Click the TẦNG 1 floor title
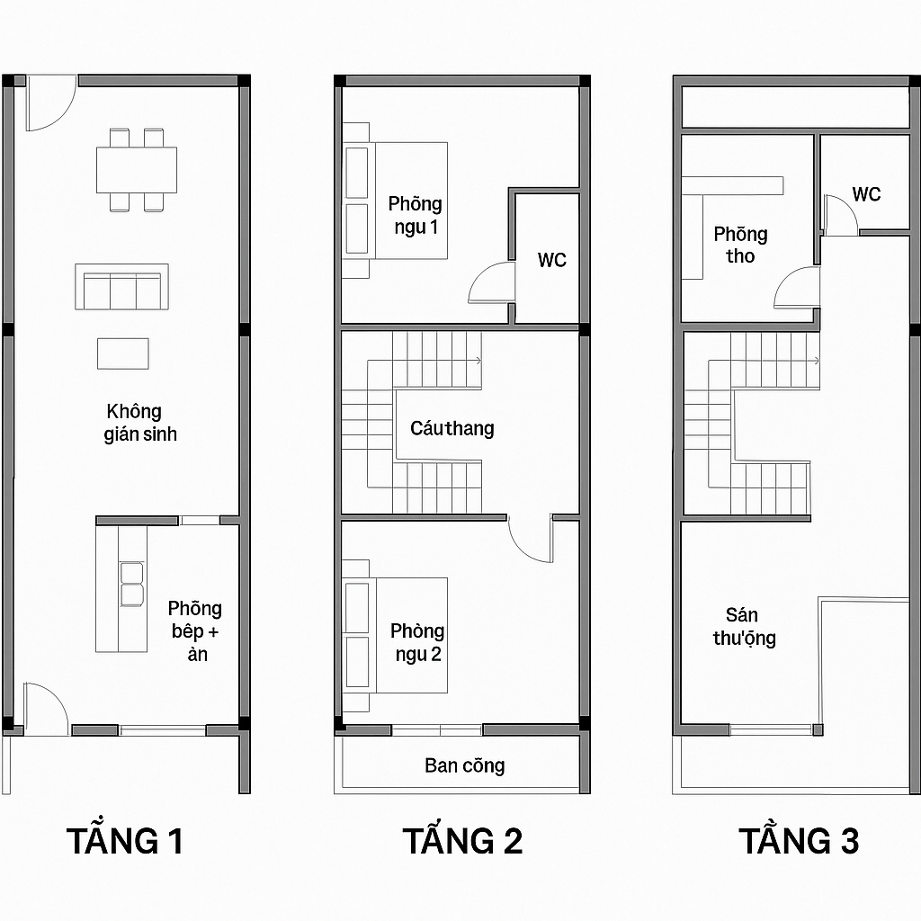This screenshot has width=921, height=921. (125, 841)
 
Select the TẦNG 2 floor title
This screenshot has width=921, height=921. (461, 841)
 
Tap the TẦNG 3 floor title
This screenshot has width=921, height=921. (799, 841)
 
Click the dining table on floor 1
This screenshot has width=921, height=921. (137, 169)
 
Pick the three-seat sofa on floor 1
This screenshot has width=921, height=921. (121, 288)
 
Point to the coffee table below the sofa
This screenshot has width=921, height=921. (123, 353)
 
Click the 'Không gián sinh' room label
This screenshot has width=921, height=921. (140, 423)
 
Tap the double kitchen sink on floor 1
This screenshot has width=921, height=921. (132, 583)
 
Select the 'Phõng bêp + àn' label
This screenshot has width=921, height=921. (195, 631)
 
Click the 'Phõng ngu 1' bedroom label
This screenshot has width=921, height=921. (416, 215)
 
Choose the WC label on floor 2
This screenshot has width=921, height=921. (552, 260)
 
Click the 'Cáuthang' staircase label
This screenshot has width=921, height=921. (452, 428)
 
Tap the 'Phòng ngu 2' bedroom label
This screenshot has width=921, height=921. (417, 642)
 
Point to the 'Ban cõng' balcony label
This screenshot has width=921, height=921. (465, 766)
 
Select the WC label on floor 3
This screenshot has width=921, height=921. (866, 194)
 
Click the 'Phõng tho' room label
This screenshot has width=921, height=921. (740, 245)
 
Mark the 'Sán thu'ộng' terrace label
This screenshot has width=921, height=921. (744, 627)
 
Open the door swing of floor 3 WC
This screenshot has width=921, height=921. (840, 219)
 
